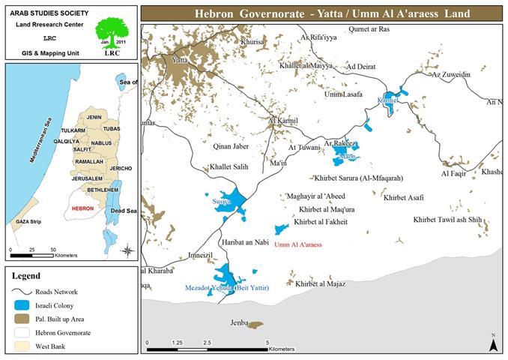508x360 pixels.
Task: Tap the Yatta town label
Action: [x=180, y=59]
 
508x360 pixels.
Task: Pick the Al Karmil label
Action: [x=283, y=120]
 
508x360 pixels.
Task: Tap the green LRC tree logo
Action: [x=111, y=34]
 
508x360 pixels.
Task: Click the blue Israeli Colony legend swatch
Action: [x=23, y=305]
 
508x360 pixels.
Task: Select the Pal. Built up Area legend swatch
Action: [x=23, y=319]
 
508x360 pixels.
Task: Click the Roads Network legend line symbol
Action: [x=23, y=292]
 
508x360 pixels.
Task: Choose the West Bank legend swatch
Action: [x=23, y=346]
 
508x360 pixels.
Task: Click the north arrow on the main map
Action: [x=492, y=343]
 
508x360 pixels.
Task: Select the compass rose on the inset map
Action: [x=128, y=250]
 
